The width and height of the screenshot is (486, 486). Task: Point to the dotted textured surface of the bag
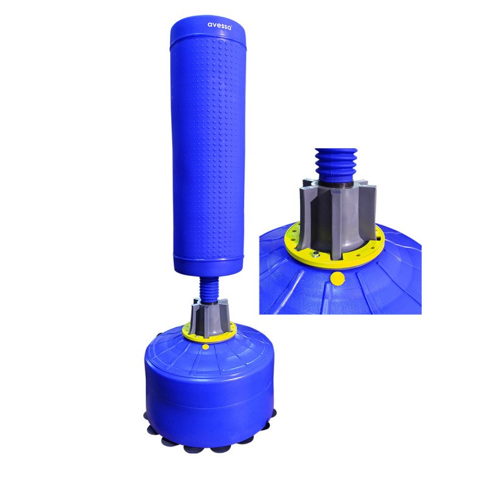(x=208, y=146)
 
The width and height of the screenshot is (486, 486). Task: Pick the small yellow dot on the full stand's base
(x=206, y=346)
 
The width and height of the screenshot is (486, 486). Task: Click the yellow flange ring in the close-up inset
(x=298, y=246)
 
